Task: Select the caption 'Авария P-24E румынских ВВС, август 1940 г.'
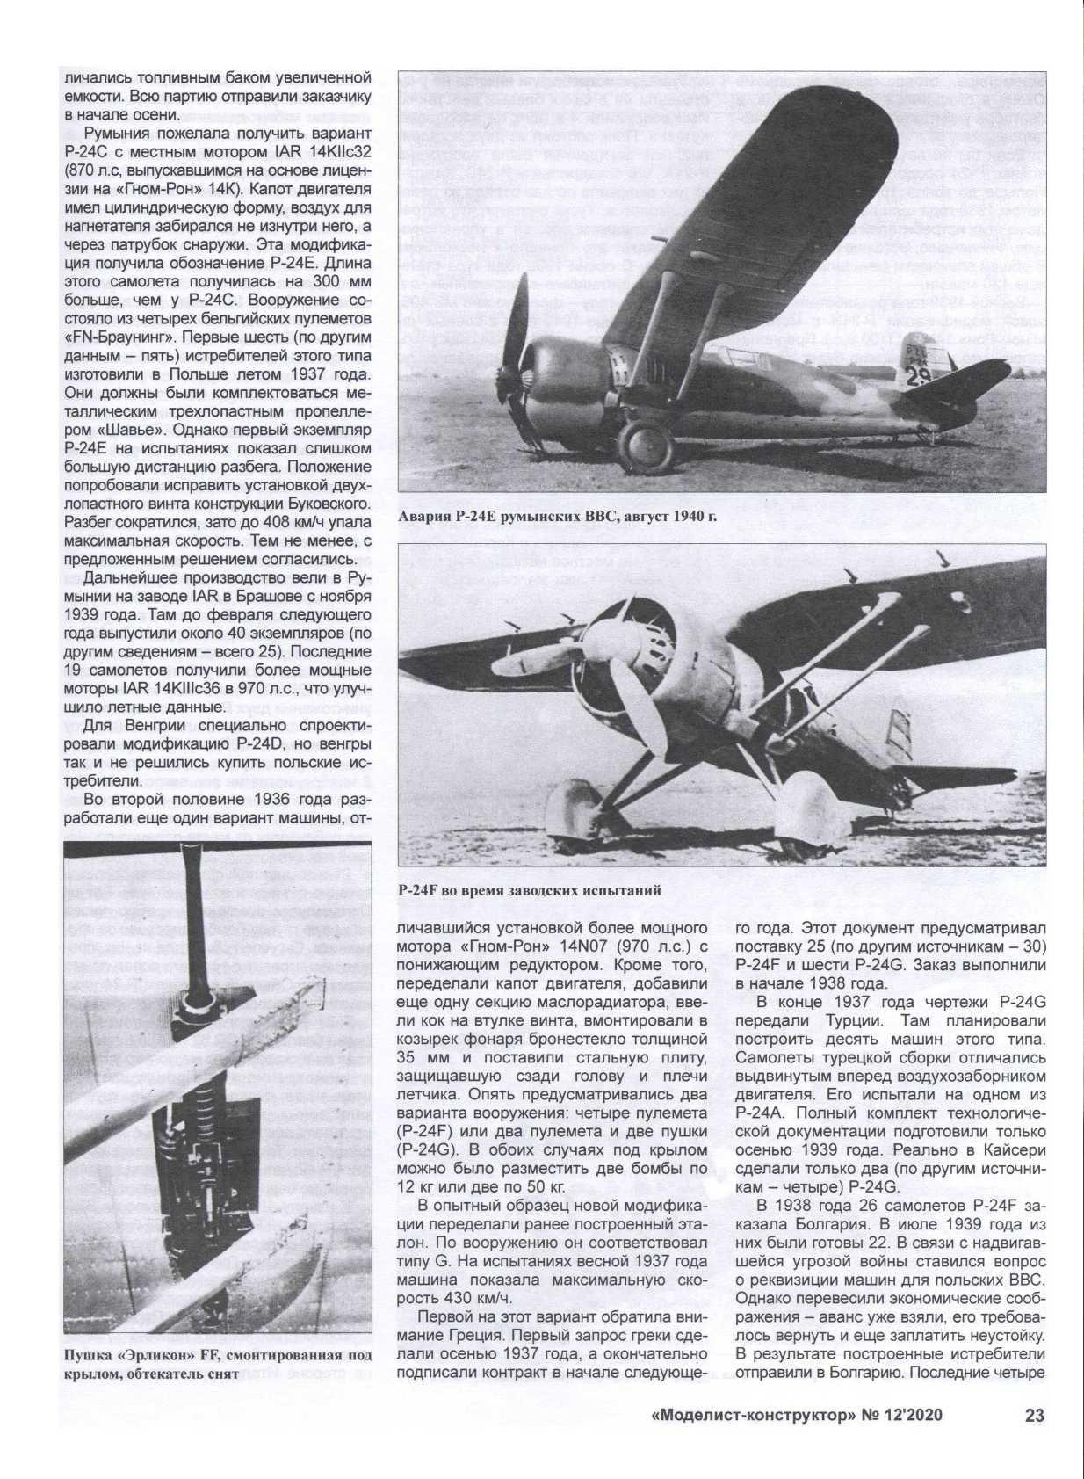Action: pyautogui.click(x=557, y=516)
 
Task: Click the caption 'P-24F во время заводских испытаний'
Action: pyautogui.click(x=529, y=889)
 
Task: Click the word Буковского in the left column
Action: pyautogui.click(x=310, y=504)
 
